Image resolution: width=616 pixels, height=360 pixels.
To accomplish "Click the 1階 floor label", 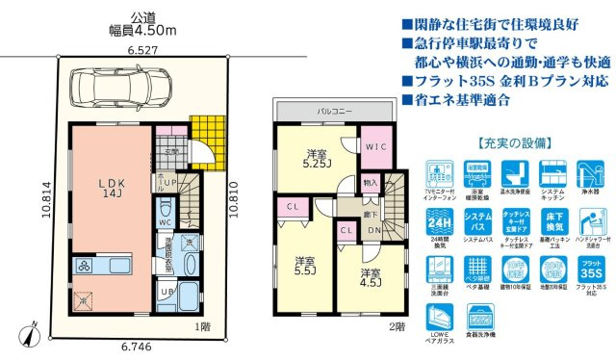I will pyautogui.click(x=202, y=327).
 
